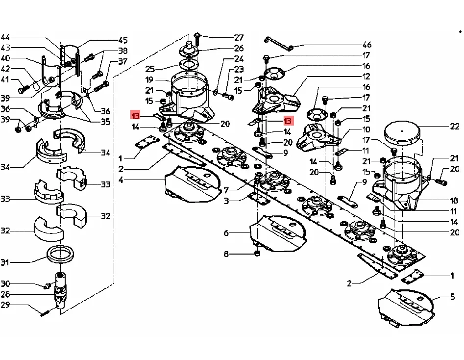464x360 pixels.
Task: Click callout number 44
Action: pyautogui.click(x=5, y=37)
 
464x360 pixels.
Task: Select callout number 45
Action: pyautogui.click(x=122, y=40)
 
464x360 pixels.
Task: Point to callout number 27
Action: pyautogui.click(x=239, y=37)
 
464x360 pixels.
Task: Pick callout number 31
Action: pyautogui.click(x=5, y=263)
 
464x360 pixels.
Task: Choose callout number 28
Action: pyautogui.click(x=5, y=294)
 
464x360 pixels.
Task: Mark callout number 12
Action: pyautogui.click(x=366, y=77)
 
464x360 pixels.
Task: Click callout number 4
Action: pyautogui.click(x=121, y=180)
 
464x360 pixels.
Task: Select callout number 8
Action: pyautogui.click(x=226, y=254)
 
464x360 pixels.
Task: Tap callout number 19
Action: pyautogui.click(x=149, y=79)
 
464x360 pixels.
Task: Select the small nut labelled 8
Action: pyautogui.click(x=257, y=254)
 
